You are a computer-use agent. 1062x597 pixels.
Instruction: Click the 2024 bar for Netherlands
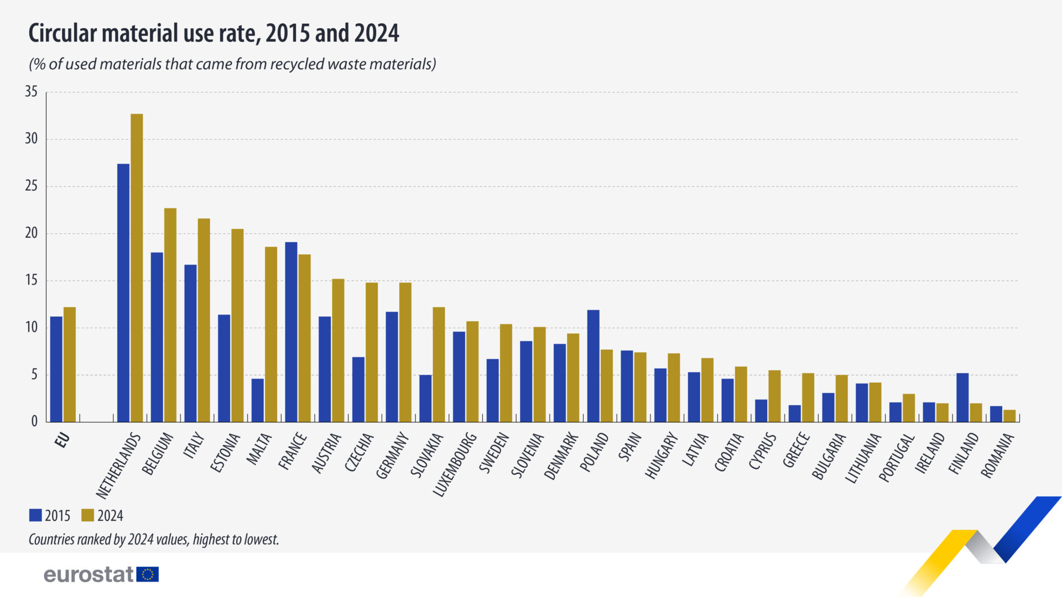(x=137, y=268)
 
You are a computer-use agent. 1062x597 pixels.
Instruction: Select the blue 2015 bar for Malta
(x=257, y=400)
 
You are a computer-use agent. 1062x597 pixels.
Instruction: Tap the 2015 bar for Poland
(x=593, y=366)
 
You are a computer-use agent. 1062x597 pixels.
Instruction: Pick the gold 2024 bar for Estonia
(x=237, y=326)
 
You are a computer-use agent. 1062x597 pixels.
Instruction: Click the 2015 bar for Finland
(x=962, y=397)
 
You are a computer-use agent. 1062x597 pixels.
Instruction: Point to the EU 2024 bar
(x=70, y=365)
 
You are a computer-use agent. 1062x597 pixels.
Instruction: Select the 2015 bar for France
(x=291, y=332)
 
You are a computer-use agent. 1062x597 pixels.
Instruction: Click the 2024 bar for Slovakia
(x=439, y=365)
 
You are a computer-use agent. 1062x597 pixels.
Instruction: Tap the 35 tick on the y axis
(x=31, y=92)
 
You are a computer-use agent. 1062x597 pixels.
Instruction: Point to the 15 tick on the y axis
(x=31, y=280)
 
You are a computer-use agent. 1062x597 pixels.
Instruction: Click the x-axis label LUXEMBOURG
(x=455, y=464)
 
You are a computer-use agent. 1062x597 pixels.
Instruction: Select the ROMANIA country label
(x=998, y=455)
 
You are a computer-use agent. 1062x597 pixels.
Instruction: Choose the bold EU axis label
(x=63, y=440)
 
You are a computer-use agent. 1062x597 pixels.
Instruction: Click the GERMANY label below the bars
(x=393, y=455)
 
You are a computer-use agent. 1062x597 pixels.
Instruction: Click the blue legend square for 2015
(x=35, y=515)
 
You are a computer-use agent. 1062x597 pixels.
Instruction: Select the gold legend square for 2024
(x=87, y=515)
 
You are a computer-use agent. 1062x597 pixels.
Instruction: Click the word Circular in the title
(x=63, y=33)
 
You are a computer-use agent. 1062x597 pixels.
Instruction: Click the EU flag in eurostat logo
(x=148, y=574)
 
